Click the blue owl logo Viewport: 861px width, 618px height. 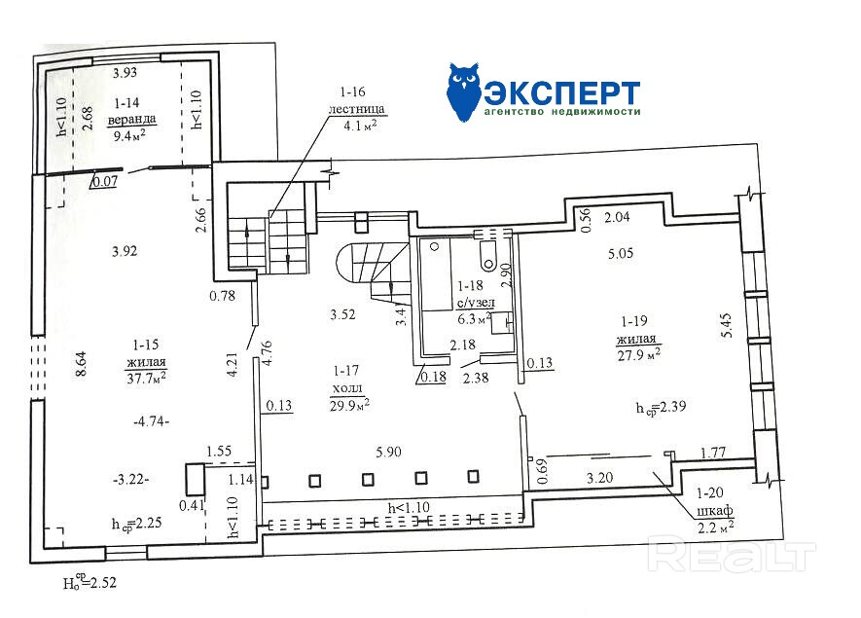point(465,91)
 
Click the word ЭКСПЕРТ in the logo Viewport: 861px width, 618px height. point(561,92)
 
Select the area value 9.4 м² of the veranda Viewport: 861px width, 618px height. point(129,135)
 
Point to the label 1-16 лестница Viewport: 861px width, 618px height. point(356,100)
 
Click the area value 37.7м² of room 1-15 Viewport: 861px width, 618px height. point(146,378)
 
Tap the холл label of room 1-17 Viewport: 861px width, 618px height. point(347,388)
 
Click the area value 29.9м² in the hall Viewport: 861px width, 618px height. point(349,406)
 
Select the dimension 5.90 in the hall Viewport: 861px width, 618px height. point(388,452)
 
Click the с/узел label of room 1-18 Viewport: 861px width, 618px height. point(476,302)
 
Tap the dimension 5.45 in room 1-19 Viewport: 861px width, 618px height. point(728,325)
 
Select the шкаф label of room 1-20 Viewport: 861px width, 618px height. point(715,510)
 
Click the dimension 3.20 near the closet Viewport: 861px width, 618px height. point(599,478)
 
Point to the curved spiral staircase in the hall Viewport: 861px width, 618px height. point(374,272)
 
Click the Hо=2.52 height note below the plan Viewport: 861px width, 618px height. point(90,580)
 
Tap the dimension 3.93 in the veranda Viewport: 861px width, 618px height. point(126,73)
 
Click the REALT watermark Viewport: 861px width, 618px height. point(732,556)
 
